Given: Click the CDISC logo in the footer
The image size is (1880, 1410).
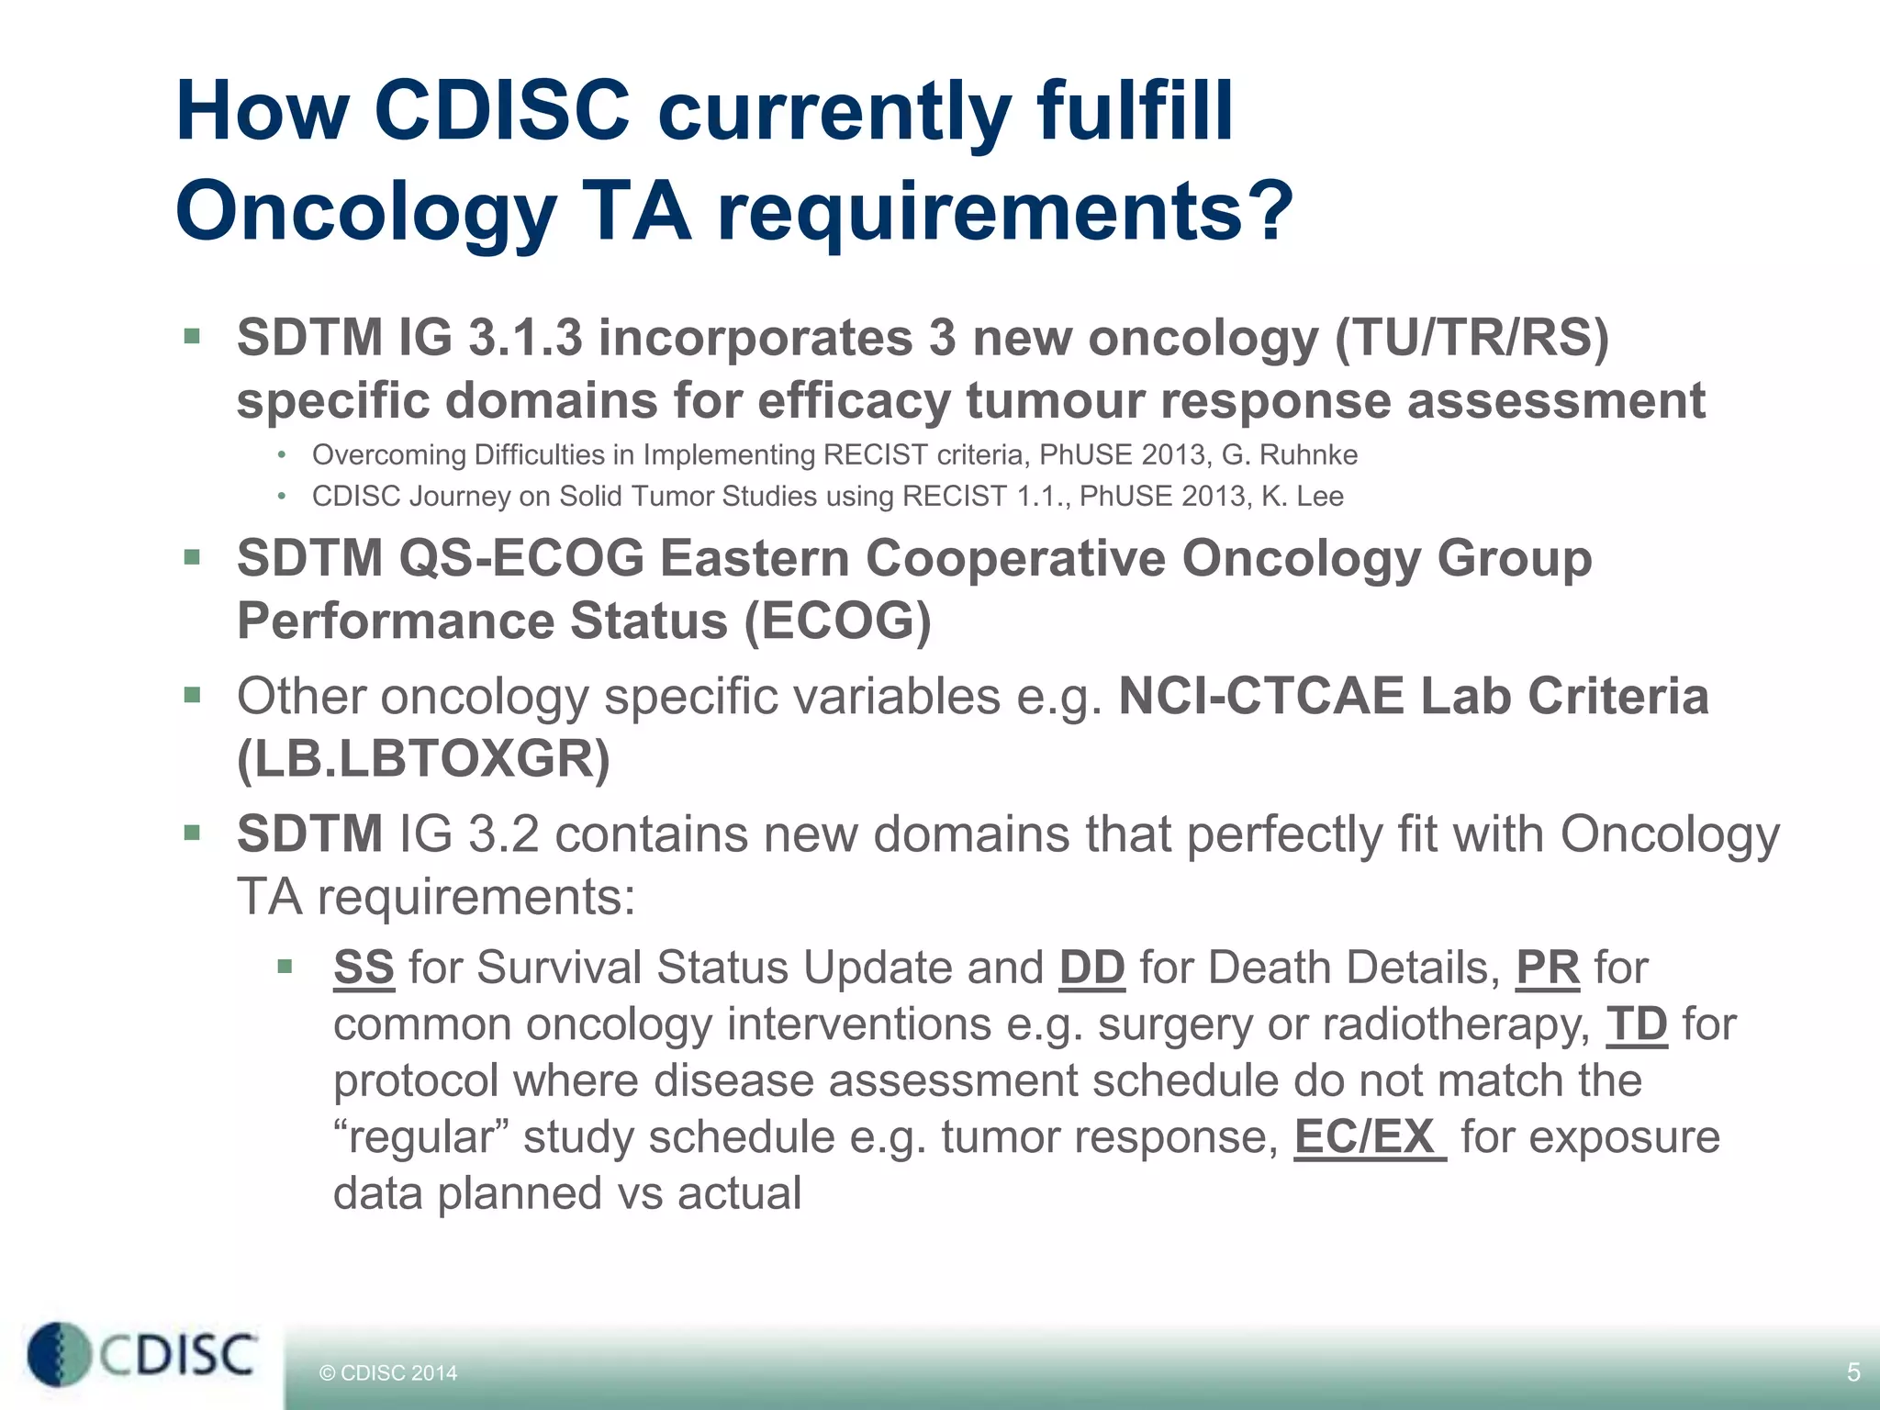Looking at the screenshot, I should [142, 1355].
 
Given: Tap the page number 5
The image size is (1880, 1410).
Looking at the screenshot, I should [1852, 1372].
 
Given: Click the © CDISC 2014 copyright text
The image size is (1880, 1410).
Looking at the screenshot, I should [387, 1373].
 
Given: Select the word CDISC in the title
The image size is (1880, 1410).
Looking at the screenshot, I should [502, 112].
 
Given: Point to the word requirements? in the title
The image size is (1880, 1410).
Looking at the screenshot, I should [1005, 213].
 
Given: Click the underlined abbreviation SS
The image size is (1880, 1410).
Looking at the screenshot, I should [364, 968].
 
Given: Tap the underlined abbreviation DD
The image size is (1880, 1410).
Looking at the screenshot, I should [1091, 968].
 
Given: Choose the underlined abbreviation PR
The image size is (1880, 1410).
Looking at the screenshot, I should [1548, 968].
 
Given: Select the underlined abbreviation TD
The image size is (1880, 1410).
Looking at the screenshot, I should [1636, 1024].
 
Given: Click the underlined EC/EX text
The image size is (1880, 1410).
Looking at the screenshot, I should [1368, 1137].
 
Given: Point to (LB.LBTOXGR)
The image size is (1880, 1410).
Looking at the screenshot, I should [423, 759].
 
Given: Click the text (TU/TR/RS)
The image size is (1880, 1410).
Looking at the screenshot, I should [1472, 338].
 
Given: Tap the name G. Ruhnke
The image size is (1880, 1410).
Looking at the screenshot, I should [1289, 455].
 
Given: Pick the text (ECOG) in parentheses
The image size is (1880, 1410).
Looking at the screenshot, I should [837, 621].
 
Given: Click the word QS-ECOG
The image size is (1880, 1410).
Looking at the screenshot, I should [521, 558].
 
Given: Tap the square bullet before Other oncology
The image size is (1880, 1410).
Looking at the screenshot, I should [192, 695].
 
